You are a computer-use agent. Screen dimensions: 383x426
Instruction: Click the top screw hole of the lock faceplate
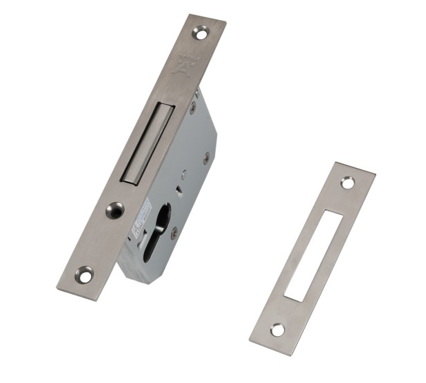(201, 30)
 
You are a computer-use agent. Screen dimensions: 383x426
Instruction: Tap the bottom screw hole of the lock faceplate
(83, 273)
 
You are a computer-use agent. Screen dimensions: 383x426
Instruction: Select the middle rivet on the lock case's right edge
(205, 157)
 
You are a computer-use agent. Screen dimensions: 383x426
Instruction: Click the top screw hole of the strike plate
(347, 183)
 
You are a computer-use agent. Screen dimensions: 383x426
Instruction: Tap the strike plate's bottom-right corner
(290, 355)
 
